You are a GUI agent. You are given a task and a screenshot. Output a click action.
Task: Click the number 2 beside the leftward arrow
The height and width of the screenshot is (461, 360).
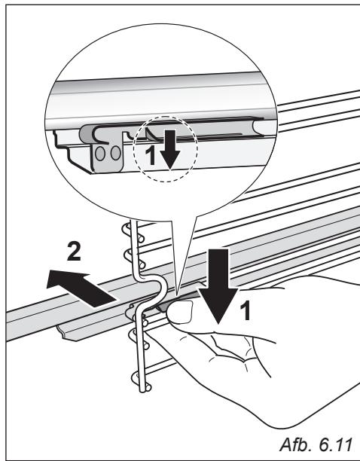point(74,251)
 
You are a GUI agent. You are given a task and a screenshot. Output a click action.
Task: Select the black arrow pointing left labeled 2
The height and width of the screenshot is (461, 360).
point(81,288)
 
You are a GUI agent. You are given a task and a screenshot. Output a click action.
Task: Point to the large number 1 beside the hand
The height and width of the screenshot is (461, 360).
point(245,310)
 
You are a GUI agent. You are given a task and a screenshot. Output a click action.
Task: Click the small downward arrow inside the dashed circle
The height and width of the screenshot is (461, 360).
point(170,150)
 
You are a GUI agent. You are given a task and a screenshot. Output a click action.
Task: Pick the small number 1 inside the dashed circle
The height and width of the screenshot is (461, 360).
point(151,155)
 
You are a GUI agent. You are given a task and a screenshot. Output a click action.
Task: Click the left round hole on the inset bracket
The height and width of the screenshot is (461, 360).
point(100,154)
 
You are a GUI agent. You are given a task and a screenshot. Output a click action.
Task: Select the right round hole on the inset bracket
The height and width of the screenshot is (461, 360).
point(115,153)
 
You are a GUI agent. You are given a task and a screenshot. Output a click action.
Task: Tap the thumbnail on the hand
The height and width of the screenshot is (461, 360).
point(179,313)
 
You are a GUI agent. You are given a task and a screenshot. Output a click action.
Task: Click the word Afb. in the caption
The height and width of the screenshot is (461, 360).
point(297,444)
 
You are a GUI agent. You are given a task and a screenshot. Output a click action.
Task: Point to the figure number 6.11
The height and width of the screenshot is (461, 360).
point(335,444)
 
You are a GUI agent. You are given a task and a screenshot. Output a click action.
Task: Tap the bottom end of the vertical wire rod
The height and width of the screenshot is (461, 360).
point(143,390)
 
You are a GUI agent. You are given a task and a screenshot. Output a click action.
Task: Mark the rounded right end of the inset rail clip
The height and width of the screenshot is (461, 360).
point(256,127)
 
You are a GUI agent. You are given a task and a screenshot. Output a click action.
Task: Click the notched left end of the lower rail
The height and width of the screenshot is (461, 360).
point(66,333)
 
